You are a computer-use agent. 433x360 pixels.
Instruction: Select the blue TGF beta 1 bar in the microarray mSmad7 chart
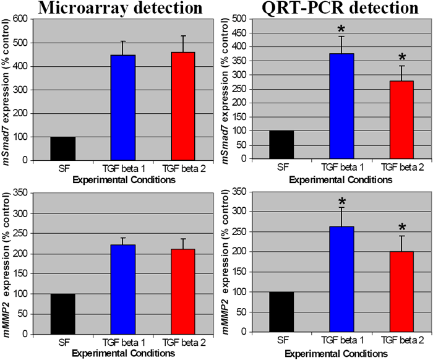122,108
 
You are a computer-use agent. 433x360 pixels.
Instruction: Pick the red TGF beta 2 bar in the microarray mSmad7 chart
182,106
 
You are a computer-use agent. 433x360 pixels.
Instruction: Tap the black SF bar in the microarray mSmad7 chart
62,148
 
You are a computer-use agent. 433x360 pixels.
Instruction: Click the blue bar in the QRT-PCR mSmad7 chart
341,106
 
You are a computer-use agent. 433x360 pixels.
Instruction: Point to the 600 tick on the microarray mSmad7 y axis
28,19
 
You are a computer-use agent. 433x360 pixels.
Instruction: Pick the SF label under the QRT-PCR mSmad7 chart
283,166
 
